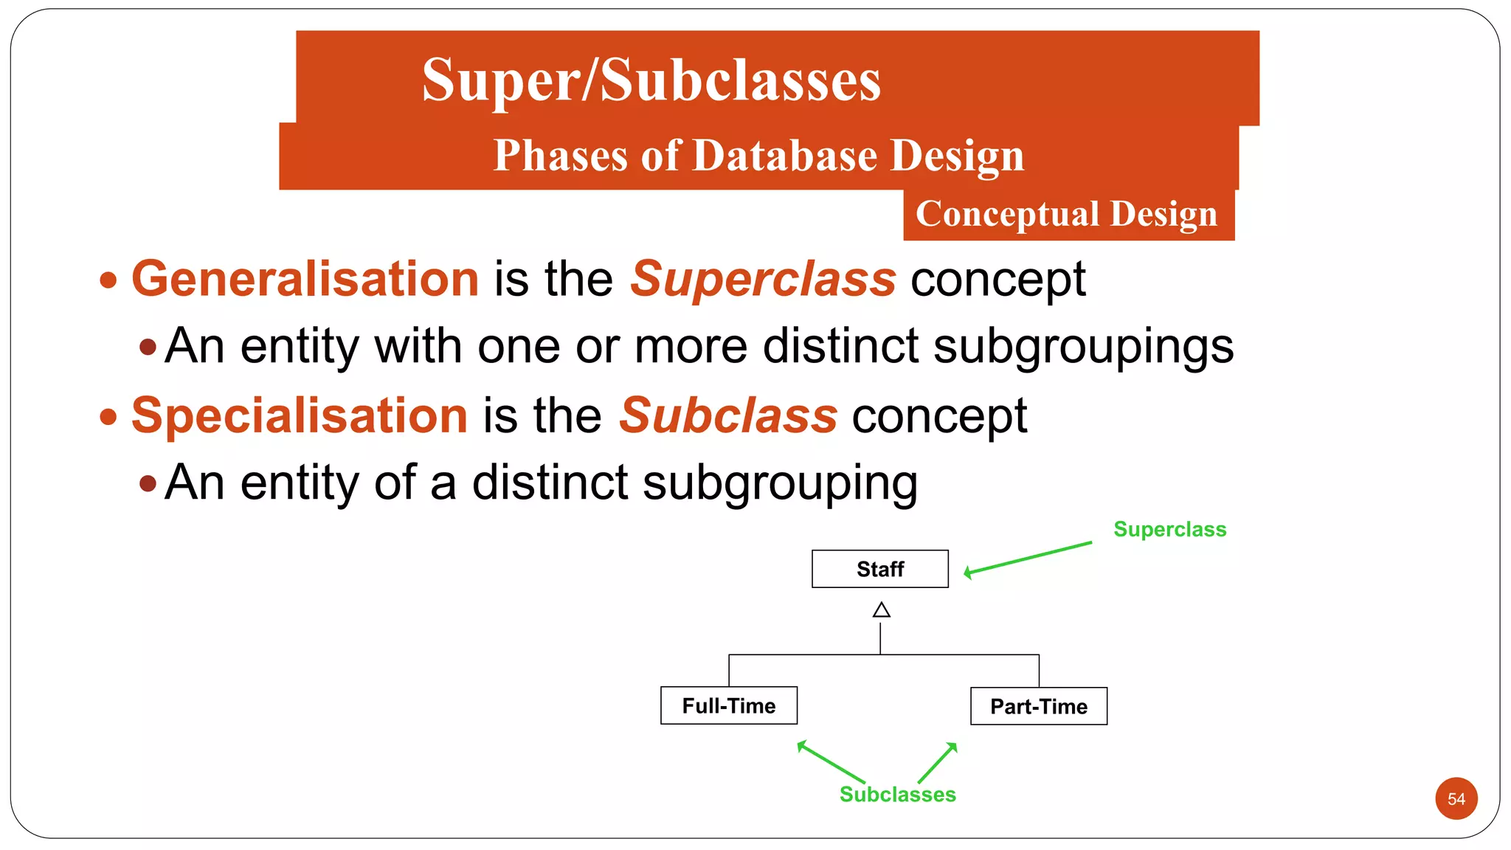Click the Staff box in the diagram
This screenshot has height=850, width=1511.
pyautogui.click(x=879, y=569)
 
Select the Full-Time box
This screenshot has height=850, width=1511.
pyautogui.click(x=728, y=705)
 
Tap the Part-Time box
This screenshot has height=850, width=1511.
pyautogui.click(x=1038, y=706)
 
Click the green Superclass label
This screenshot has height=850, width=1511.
pyautogui.click(x=1169, y=529)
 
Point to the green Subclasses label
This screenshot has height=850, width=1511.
pyautogui.click(x=897, y=794)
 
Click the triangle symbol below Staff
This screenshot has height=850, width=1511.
pyautogui.click(x=881, y=610)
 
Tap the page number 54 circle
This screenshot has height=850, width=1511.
pyautogui.click(x=1456, y=798)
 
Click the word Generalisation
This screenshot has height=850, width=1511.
pyautogui.click(x=305, y=279)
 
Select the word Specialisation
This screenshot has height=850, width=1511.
pyautogui.click(x=300, y=415)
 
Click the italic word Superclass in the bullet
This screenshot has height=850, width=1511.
pyautogui.click(x=763, y=279)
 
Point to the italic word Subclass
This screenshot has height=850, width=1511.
pyautogui.click(x=728, y=415)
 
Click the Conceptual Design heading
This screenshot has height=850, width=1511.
pyautogui.click(x=1067, y=214)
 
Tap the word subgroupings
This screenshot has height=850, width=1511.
pyautogui.click(x=1083, y=346)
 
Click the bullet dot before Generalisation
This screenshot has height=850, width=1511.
pyautogui.click(x=108, y=280)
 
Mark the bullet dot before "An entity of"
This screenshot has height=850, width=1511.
pyautogui.click(x=148, y=483)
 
